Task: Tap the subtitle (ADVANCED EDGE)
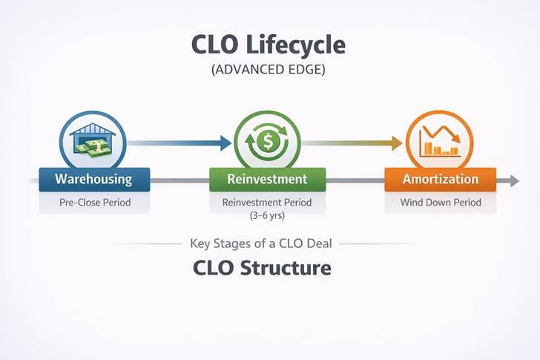[269, 71]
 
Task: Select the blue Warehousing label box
[93, 180]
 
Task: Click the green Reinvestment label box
[267, 180]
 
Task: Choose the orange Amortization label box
[441, 180]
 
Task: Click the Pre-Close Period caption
[93, 202]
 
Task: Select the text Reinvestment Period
[267, 202]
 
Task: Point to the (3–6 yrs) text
[267, 216]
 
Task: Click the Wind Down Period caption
[441, 202]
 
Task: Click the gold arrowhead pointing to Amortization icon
[398, 141]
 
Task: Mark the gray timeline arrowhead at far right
[513, 180]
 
